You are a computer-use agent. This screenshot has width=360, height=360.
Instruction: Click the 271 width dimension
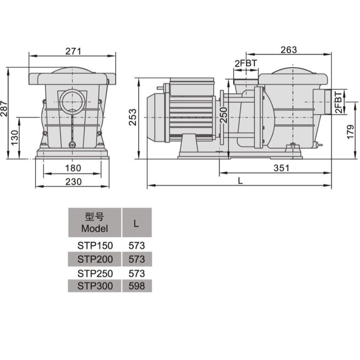pos(73,51)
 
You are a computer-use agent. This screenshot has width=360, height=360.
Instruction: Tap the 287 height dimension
pos(4,108)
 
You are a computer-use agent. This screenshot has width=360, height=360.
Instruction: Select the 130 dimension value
pos(14,138)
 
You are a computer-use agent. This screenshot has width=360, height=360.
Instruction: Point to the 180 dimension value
pos(73,168)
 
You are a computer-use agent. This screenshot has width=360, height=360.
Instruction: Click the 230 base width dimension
pos(73,182)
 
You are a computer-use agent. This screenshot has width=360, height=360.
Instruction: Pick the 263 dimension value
pos(289,50)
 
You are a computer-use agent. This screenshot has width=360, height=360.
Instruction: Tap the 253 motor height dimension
pos(132,117)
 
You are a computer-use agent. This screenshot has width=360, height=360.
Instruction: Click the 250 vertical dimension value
pos(223,115)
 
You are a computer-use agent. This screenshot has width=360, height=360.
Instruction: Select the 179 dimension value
pos(350,132)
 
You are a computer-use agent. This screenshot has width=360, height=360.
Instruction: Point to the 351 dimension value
pos(281,168)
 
